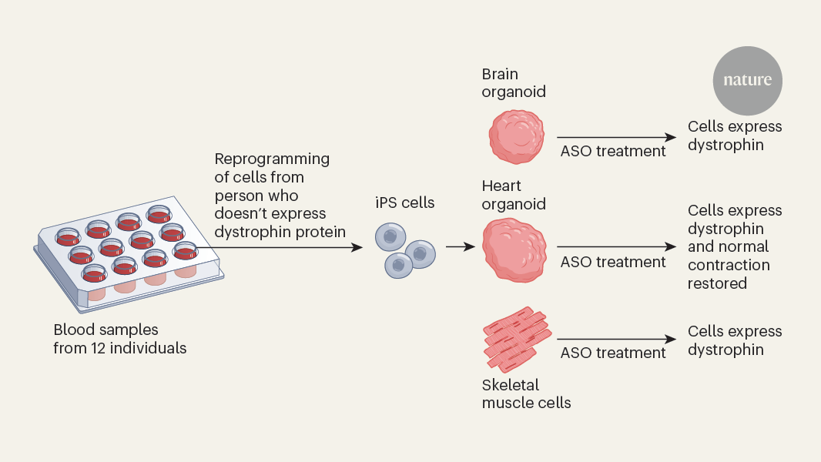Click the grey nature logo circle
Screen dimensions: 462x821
click(x=747, y=79)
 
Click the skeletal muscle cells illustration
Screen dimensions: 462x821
click(x=517, y=338)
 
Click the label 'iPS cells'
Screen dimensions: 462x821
click(x=405, y=203)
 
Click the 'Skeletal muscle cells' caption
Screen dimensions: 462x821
click(x=526, y=393)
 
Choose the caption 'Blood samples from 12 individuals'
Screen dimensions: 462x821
click(x=119, y=339)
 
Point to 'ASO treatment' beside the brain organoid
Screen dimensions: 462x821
click(x=612, y=151)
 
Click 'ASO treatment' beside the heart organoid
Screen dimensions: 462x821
click(x=612, y=262)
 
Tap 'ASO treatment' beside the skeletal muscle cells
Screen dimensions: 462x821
click(x=612, y=353)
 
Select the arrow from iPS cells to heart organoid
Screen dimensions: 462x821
click(x=460, y=247)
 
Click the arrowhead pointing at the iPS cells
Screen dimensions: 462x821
click(x=357, y=247)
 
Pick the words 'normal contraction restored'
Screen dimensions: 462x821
click(x=728, y=265)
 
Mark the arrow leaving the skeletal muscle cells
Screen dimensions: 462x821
click(x=616, y=339)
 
